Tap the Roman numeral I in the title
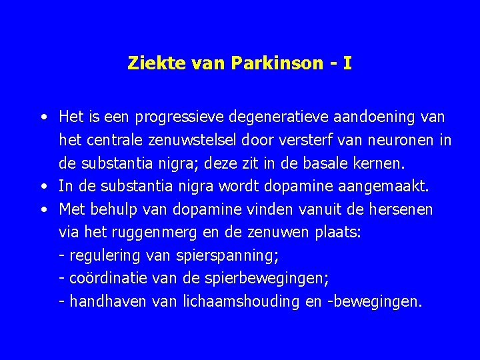coord(347,64)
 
